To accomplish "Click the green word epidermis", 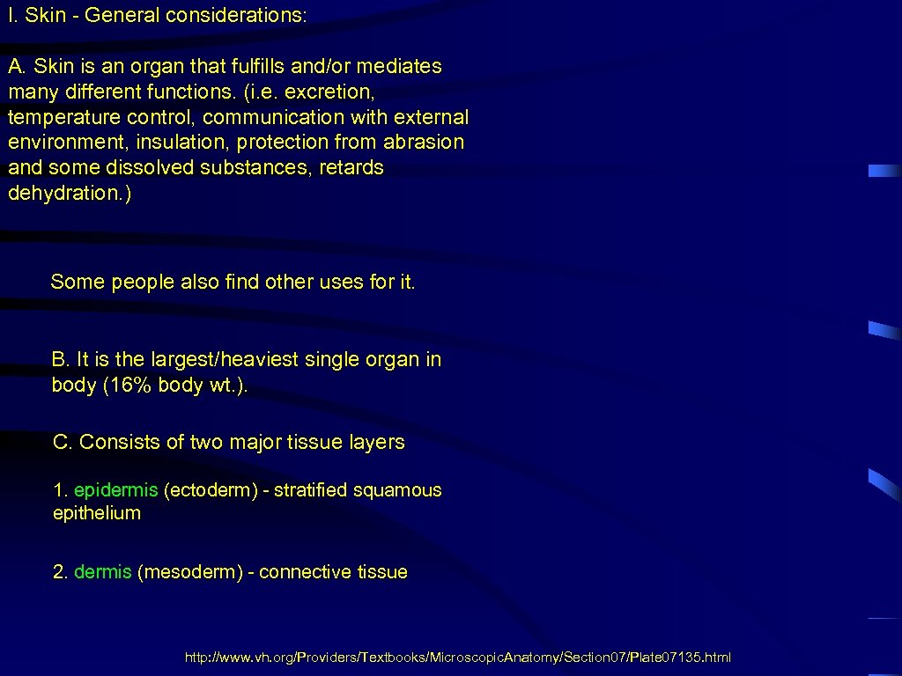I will click(115, 490).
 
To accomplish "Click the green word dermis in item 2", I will click(102, 572).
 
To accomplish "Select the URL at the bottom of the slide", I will click(457, 658).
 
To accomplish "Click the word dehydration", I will click(66, 193).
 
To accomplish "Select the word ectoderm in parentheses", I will click(209, 490).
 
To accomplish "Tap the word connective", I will click(305, 572).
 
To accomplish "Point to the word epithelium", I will click(97, 513).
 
